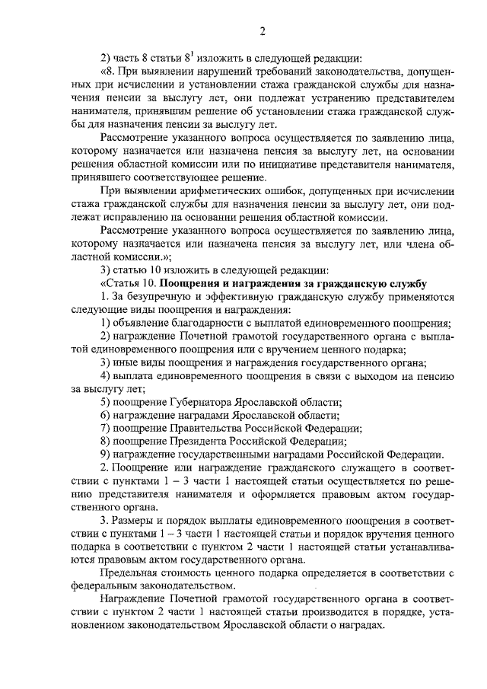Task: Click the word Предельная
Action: (132, 573)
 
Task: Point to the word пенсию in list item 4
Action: (435, 375)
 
